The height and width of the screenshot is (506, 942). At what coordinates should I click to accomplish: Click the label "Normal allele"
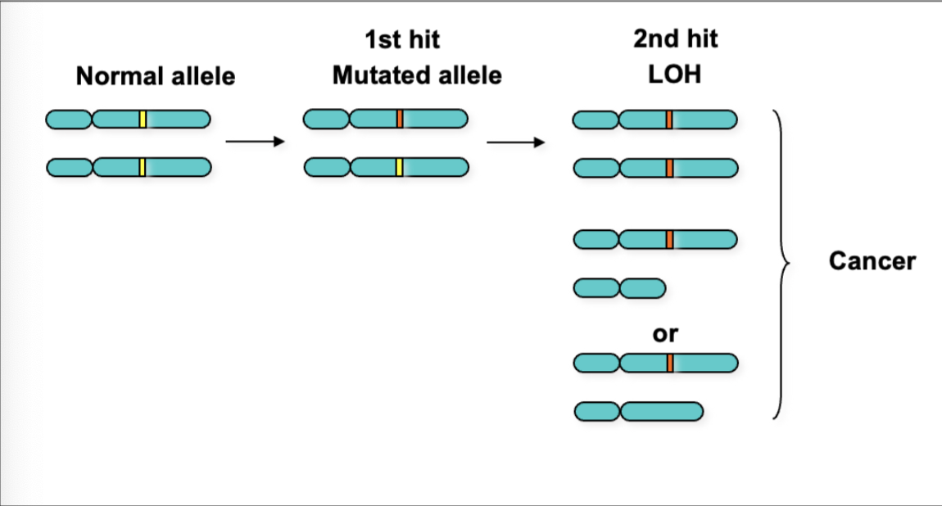pos(155,76)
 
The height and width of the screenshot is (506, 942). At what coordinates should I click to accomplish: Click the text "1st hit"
pos(402,39)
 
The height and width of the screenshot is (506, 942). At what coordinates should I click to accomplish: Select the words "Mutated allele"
pos(417,76)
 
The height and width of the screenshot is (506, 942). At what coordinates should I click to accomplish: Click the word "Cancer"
pos(872,261)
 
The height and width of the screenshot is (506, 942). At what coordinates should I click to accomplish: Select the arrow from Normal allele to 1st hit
pos(254,142)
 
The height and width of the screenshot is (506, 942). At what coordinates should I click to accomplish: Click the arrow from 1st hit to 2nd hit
pos(516,142)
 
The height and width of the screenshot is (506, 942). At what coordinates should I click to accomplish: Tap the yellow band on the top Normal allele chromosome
pos(143,120)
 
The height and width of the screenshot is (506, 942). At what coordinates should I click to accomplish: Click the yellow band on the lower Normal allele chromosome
pos(143,167)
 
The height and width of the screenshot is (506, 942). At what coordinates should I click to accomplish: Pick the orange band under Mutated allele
pos(400,120)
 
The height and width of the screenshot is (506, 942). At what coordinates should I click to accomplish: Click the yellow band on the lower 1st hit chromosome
pos(400,167)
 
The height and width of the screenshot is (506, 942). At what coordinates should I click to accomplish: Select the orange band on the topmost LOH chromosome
pos(669,120)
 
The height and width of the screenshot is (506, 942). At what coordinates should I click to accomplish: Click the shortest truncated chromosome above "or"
pos(619,288)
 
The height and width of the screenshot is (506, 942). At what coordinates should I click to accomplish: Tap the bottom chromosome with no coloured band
pos(639,411)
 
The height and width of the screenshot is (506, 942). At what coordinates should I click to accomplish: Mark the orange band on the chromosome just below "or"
pos(669,362)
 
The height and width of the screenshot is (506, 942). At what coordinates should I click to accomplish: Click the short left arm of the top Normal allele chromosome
pos(69,120)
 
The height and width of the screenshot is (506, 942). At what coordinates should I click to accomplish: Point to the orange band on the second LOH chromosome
pos(669,168)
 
